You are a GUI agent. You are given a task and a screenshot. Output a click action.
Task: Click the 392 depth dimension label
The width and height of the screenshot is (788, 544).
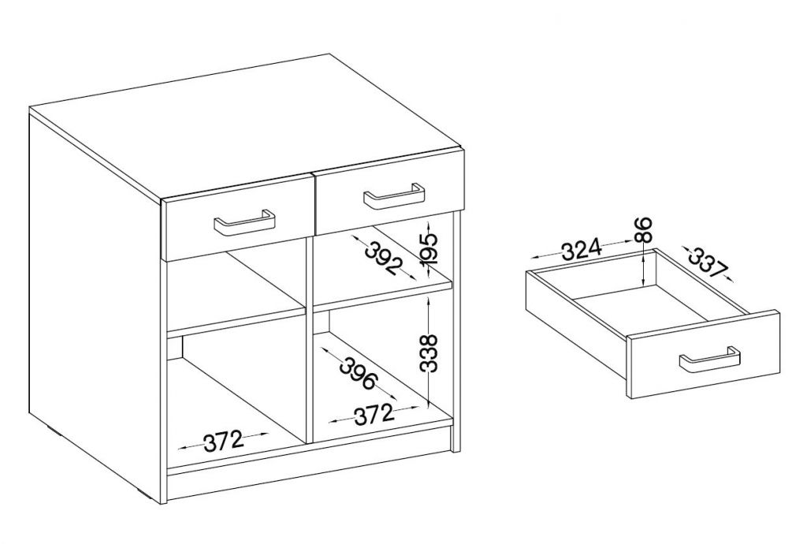pyautogui.click(x=384, y=257)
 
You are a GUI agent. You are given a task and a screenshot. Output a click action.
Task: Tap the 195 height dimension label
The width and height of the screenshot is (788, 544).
pyautogui.click(x=429, y=249)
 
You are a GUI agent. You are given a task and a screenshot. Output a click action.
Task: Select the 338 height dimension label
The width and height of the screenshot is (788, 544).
pyautogui.click(x=429, y=353)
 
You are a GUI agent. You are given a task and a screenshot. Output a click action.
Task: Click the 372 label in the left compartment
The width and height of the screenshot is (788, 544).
pyautogui.click(x=223, y=442)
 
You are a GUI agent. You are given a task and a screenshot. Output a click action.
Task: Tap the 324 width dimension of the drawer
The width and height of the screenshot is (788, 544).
pyautogui.click(x=582, y=250)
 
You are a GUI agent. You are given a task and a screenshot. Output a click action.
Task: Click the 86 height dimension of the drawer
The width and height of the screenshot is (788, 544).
pyautogui.click(x=644, y=229)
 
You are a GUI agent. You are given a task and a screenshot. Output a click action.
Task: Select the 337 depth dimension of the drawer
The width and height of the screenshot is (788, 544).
pyautogui.click(x=708, y=263)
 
